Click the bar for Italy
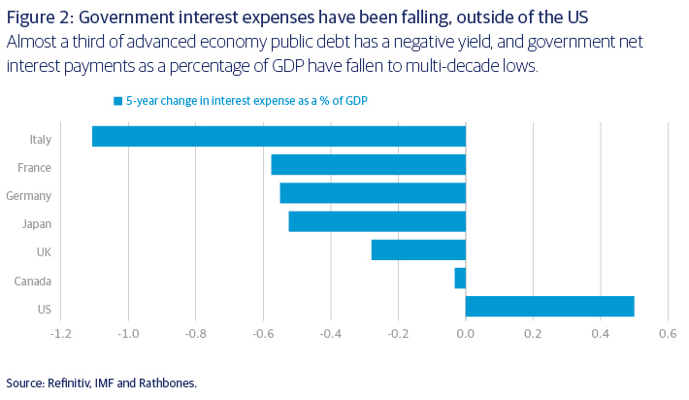pos(279,137)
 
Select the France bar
pos(368,165)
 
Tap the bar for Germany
pos(373,193)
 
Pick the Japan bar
pos(377,221)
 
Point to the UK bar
pos(418,250)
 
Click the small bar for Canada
pos(460,279)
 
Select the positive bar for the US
pos(549,306)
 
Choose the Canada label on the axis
pos(34,282)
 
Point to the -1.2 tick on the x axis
pos(61,334)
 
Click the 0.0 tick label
pos(466,334)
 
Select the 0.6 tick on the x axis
pos(667,334)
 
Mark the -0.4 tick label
pos(331,334)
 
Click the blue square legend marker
pos(118,101)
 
